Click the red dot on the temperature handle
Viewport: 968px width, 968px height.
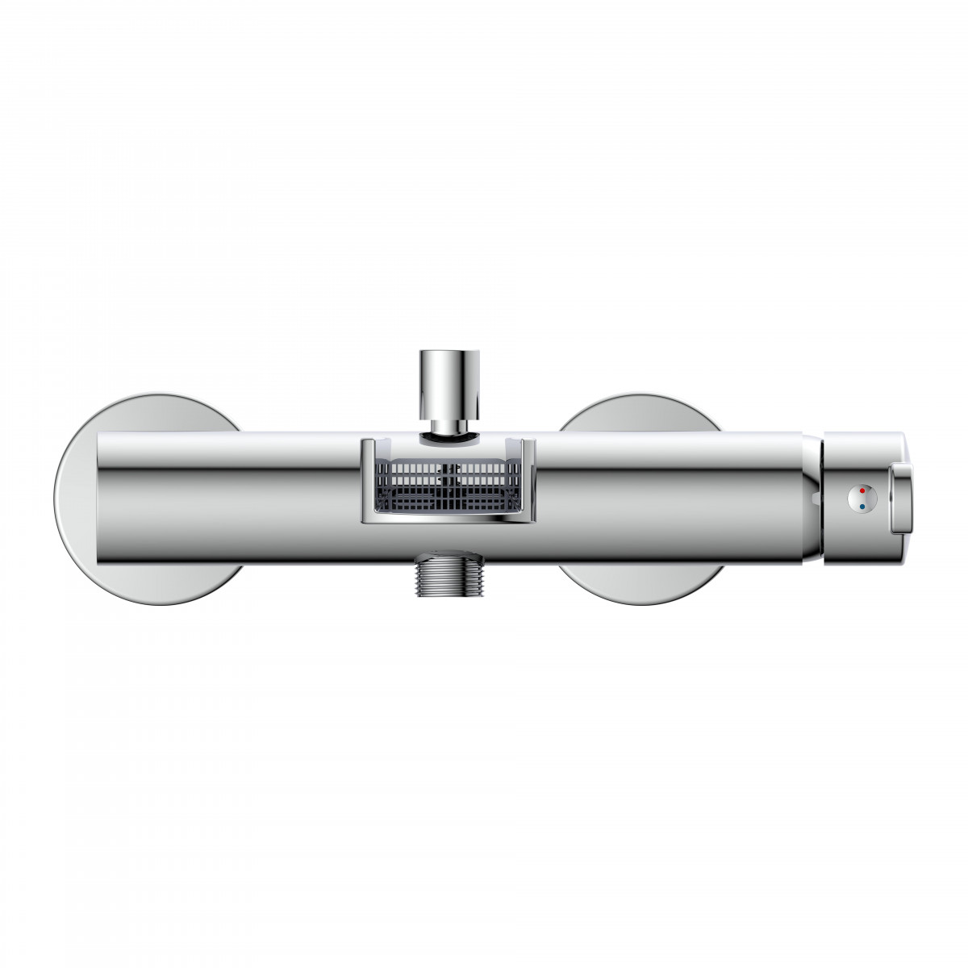(x=862, y=490)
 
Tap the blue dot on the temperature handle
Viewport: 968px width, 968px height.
(x=862, y=507)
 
